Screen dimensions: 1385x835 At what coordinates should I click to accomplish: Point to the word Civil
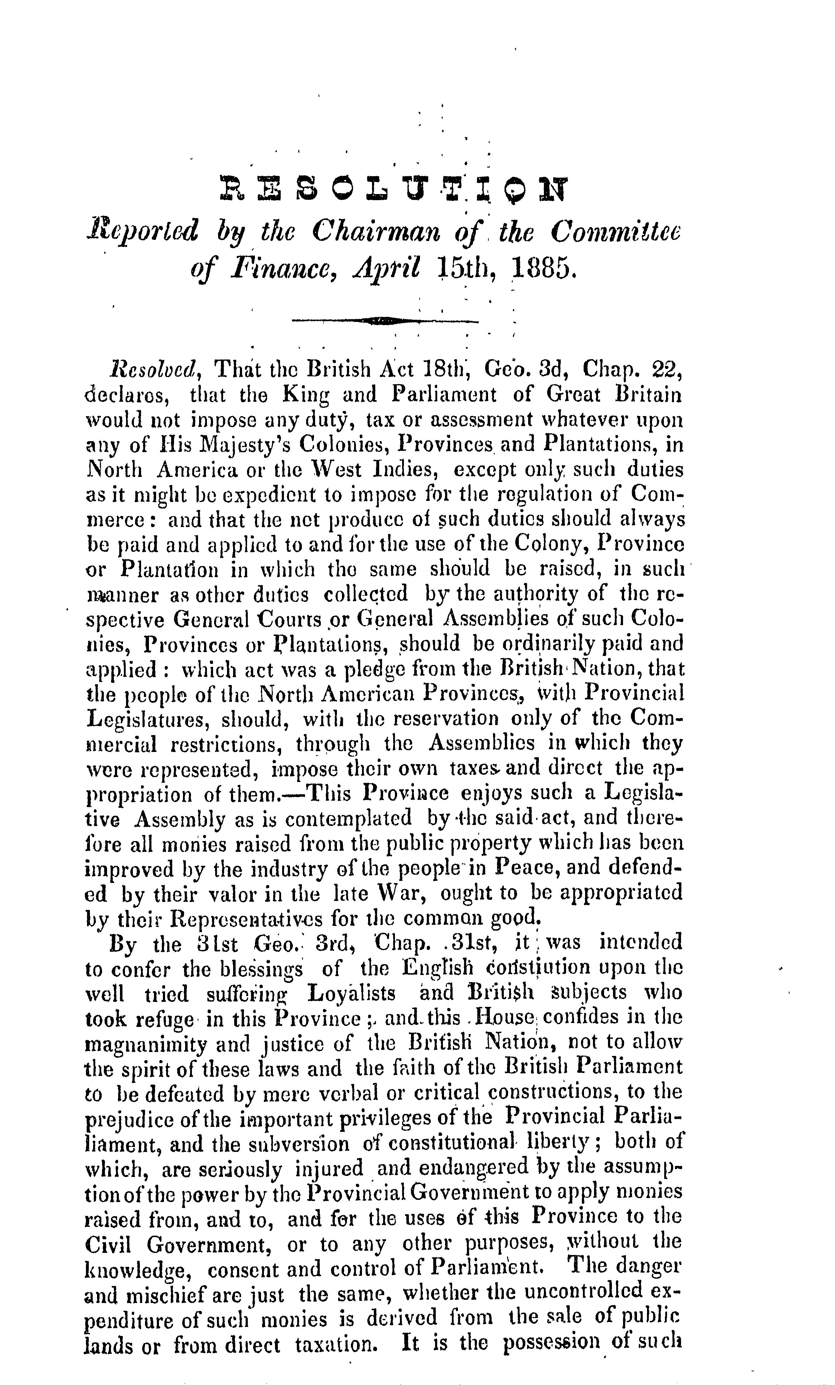(110, 1243)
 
